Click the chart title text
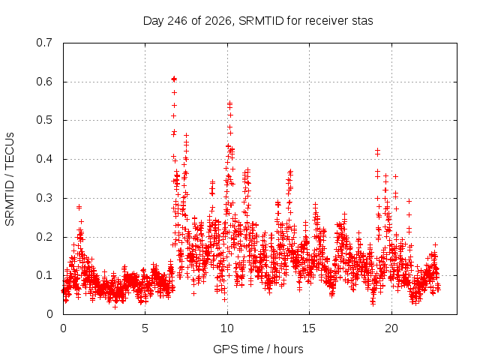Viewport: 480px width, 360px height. pyautogui.click(x=258, y=21)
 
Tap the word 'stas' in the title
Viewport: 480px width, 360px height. pyautogui.click(x=362, y=21)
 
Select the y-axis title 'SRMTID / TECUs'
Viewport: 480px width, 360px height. pyautogui.click(x=10, y=179)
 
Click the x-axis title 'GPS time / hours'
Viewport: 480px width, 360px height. pyautogui.click(x=258, y=349)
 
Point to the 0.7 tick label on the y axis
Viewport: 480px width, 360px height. pyautogui.click(x=44, y=43)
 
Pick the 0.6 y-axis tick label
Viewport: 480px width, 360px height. pyautogui.click(x=44, y=82)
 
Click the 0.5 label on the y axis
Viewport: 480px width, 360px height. pyautogui.click(x=44, y=120)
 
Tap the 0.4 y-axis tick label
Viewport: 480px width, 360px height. pyautogui.click(x=44, y=159)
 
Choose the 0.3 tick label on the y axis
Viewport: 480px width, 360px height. pyautogui.click(x=44, y=198)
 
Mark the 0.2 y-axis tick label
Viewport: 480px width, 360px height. pyautogui.click(x=44, y=237)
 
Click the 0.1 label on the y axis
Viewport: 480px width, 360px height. pyautogui.click(x=44, y=275)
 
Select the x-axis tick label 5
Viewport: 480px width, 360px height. pyautogui.click(x=145, y=328)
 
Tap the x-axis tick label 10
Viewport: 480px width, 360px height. pyautogui.click(x=227, y=328)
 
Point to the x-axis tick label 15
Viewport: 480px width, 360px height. pyautogui.click(x=309, y=328)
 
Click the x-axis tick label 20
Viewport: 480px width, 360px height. pyautogui.click(x=391, y=328)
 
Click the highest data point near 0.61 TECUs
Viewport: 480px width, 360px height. pyautogui.click(x=174, y=79)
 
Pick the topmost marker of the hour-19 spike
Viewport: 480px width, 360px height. pyautogui.click(x=378, y=150)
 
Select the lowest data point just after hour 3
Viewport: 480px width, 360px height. pyautogui.click(x=115, y=307)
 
